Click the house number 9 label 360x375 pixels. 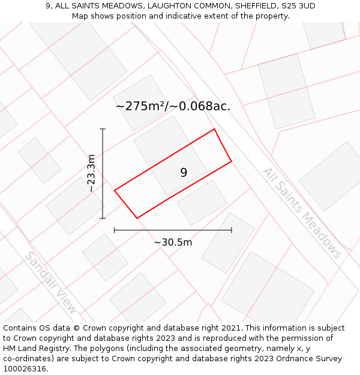coord(184,173)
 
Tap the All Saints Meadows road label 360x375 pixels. coord(302,213)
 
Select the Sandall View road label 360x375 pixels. coord(50,282)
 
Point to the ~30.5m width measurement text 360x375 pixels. coord(173,242)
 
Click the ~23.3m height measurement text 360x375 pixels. coord(91,173)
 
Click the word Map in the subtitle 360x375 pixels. coord(80,16)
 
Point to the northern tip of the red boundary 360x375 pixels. coord(214,129)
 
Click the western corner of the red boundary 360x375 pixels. coord(115,190)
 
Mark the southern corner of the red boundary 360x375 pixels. coord(137,218)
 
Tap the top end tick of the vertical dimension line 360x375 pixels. coord(103,129)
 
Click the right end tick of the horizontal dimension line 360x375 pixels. coord(232,229)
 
